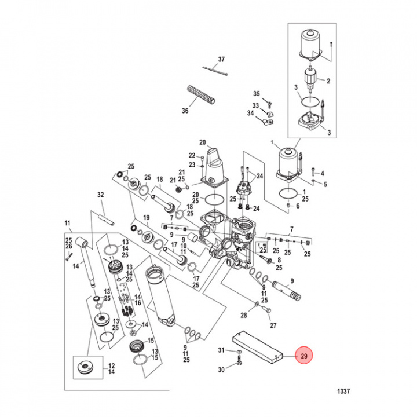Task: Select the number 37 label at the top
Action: click(221, 60)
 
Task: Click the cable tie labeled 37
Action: click(216, 71)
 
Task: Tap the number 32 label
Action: click(100, 195)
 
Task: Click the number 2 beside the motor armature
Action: click(328, 81)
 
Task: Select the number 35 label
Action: click(257, 93)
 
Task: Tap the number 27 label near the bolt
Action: click(274, 325)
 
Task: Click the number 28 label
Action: click(244, 315)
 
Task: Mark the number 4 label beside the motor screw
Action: click(323, 173)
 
